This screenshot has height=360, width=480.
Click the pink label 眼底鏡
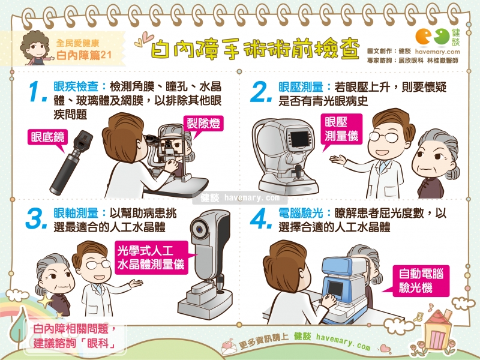50,137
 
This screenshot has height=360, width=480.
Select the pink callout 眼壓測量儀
341,128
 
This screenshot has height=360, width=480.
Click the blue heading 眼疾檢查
73,86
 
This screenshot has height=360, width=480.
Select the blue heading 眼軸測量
73,214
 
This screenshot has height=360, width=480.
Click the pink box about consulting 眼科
72,337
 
